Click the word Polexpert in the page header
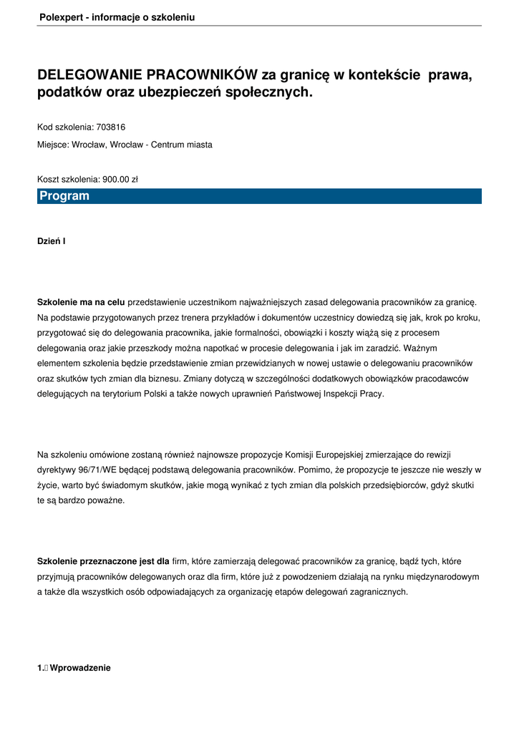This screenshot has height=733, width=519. [x=59, y=17]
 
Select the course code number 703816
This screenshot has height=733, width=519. [x=111, y=127]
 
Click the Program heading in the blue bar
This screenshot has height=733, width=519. [x=64, y=196]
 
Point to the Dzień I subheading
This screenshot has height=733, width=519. [x=52, y=241]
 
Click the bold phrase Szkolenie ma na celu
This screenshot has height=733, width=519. [x=81, y=303]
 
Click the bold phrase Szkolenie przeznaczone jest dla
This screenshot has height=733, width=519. [x=103, y=561]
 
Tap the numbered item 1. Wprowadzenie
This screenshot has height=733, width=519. [x=74, y=668]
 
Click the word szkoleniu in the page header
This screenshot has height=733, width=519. [x=173, y=17]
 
